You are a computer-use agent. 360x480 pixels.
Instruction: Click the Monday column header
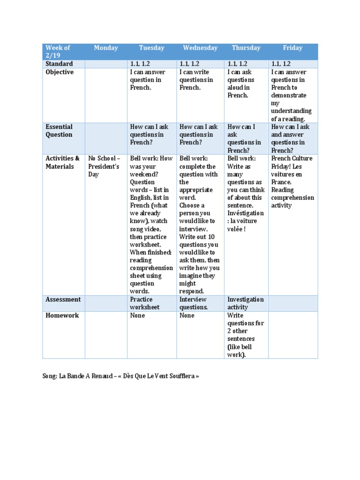click(x=106, y=48)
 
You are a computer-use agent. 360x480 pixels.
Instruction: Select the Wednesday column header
click(x=200, y=48)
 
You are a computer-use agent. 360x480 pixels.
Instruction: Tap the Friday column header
click(x=292, y=48)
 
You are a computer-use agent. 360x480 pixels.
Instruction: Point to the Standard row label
click(x=59, y=64)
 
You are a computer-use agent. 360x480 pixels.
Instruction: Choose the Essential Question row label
click(x=59, y=131)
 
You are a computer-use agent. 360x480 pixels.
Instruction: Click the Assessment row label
click(x=63, y=300)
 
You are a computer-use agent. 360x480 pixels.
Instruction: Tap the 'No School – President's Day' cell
click(x=105, y=166)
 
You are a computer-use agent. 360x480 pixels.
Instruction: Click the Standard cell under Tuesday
click(x=140, y=64)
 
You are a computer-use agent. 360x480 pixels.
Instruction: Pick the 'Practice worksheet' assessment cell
click(x=145, y=303)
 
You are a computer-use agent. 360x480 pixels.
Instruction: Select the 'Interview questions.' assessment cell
click(x=193, y=303)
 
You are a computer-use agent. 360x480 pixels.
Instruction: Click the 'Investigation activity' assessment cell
click(x=245, y=303)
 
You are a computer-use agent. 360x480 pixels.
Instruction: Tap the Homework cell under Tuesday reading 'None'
click(x=137, y=315)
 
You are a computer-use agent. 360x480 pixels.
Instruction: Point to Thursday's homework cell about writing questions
click(x=245, y=335)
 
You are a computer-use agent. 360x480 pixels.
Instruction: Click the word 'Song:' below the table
click(x=50, y=376)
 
